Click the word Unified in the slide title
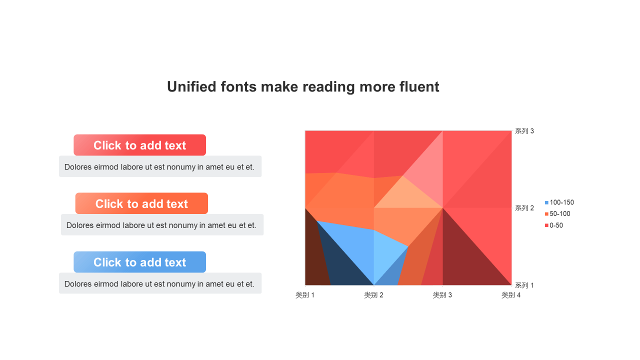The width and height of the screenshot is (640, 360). point(191,87)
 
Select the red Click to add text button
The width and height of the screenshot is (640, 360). point(139,145)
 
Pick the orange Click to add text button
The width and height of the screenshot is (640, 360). point(141,203)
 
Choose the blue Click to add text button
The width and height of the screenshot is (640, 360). point(139,262)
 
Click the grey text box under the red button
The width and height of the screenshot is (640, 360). point(160,166)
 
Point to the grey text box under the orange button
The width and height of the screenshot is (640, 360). point(162,225)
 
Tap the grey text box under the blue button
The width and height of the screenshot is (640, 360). point(160,283)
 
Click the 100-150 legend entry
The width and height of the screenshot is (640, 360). point(559,202)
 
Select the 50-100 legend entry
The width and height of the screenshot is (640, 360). point(557,214)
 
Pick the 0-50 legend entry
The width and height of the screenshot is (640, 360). point(554,225)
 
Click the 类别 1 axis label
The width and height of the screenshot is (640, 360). point(305,295)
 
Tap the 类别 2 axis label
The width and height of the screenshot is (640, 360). point(373,295)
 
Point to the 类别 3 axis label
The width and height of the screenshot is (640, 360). point(442,295)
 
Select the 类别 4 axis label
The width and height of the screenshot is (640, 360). point(511,295)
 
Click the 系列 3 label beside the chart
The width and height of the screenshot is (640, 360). point(524,131)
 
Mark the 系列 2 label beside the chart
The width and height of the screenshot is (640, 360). point(524,208)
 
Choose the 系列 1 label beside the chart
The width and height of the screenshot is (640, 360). point(524,285)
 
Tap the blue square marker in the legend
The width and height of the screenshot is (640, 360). point(546,202)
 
